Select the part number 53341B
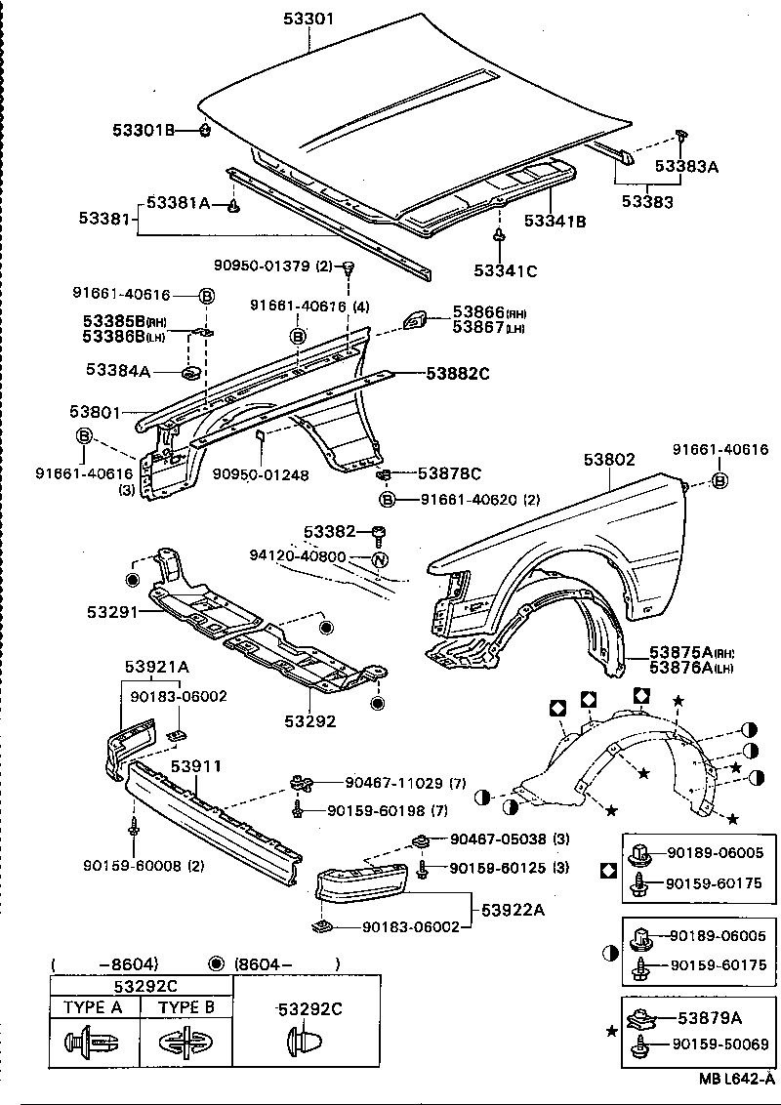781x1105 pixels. [555, 222]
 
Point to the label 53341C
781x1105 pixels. [506, 270]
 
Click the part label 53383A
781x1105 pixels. [686, 167]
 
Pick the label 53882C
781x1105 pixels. [456, 373]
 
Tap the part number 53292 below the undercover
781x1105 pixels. [310, 721]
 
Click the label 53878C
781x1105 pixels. [449, 473]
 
